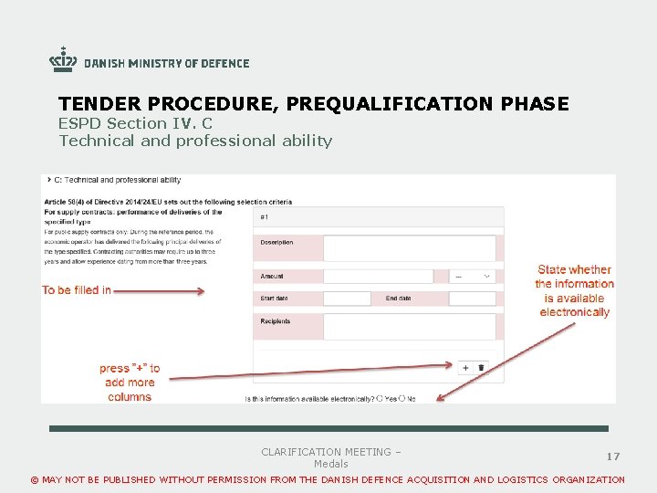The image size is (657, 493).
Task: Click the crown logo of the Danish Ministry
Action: pyautogui.click(x=63, y=60)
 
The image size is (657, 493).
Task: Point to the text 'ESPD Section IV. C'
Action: pyautogui.click(x=135, y=123)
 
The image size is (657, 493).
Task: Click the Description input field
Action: pyautogui.click(x=409, y=247)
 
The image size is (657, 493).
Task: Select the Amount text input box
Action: pyautogui.click(x=378, y=276)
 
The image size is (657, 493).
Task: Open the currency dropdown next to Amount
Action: pyautogui.click(x=473, y=276)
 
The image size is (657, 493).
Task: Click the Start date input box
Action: pyautogui.click(x=347, y=299)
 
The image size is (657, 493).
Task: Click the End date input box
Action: pyautogui.click(x=472, y=299)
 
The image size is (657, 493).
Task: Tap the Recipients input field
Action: pyautogui.click(x=409, y=326)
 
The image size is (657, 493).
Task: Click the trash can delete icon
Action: pyautogui.click(x=482, y=367)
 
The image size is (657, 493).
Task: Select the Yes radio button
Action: pyautogui.click(x=380, y=398)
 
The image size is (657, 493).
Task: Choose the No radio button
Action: pyautogui.click(x=401, y=398)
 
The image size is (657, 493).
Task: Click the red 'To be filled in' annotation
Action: pyautogui.click(x=77, y=290)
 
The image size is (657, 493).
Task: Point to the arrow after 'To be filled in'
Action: pyautogui.click(x=159, y=292)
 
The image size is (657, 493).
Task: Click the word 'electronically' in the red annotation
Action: pyautogui.click(x=574, y=312)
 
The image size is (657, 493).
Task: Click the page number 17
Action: pyautogui.click(x=613, y=456)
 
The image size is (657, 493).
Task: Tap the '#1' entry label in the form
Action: pyautogui.click(x=265, y=217)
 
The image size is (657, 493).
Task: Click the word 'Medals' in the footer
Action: pyautogui.click(x=330, y=464)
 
